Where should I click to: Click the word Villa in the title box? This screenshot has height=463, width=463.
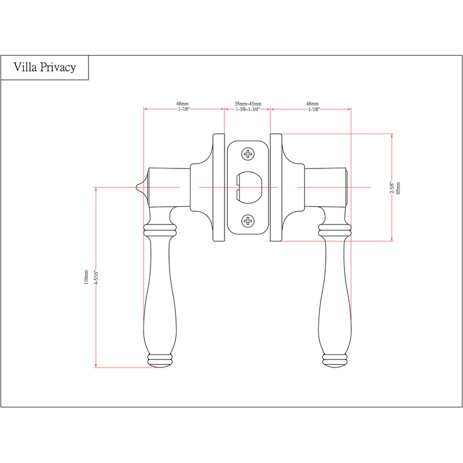[25, 67]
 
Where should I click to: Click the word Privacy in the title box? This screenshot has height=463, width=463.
[58, 68]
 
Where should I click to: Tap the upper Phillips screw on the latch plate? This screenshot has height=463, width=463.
[248, 154]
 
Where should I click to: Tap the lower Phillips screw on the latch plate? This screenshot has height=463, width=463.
[248, 221]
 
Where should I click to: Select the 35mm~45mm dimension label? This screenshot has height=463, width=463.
[248, 104]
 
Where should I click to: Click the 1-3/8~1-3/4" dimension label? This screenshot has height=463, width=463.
[248, 109]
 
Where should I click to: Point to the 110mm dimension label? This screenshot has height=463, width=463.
[86, 277]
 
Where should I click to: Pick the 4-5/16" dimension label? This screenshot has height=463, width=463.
[96, 277]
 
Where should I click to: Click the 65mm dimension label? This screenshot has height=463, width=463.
[398, 188]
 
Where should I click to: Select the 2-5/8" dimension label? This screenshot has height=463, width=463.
[392, 188]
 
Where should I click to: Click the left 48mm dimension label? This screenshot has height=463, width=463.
[182, 104]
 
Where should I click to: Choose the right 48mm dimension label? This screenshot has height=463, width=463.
[313, 104]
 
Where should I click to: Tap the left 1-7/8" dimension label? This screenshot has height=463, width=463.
[183, 109]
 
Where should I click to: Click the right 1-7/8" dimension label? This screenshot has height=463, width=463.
[314, 109]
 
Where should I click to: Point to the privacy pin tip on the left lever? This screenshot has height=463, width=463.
[136, 187]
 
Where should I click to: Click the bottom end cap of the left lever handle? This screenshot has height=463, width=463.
[160, 361]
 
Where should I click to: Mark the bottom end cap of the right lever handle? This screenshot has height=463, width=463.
[335, 361]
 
